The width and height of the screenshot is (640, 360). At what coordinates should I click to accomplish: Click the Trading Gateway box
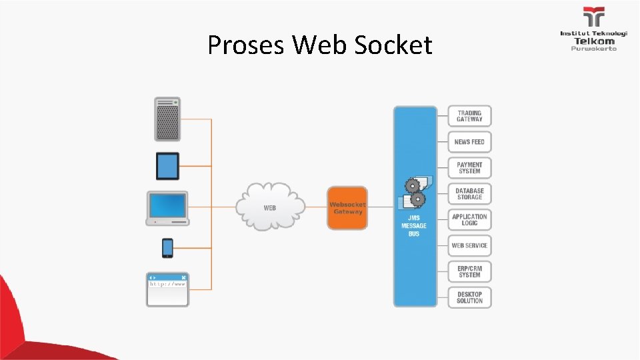(469, 116)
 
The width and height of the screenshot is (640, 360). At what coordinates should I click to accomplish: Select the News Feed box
(469, 142)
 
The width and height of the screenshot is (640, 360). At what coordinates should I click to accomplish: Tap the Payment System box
(469, 167)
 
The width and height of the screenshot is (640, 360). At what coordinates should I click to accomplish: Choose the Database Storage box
(469, 193)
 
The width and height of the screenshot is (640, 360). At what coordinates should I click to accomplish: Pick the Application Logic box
(469, 219)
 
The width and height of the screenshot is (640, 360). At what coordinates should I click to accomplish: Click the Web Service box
(469, 245)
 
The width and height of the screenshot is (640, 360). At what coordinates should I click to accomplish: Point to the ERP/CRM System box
(469, 271)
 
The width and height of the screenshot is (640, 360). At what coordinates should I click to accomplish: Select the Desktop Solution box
(469, 297)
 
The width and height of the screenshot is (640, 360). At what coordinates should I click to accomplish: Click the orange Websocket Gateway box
(347, 208)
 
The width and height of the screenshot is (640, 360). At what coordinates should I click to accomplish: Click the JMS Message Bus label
(414, 226)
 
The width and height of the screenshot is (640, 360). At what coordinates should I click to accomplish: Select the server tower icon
(167, 119)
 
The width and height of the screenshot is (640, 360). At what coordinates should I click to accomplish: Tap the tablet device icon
(167, 166)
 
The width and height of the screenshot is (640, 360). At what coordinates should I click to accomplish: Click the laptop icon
(168, 208)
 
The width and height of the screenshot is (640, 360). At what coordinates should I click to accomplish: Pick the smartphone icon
(167, 248)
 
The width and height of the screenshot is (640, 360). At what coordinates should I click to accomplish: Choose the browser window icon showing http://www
(167, 289)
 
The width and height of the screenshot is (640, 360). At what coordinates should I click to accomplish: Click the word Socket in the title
(393, 45)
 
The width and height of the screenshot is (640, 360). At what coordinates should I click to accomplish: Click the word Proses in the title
(247, 45)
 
